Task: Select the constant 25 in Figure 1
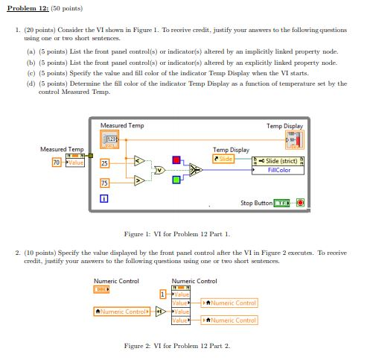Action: click(104, 163)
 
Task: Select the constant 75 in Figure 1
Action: click(104, 183)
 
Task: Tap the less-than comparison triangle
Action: click(138, 160)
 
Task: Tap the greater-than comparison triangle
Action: click(138, 179)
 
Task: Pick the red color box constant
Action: click(176, 160)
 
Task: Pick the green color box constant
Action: click(176, 179)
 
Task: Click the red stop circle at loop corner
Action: click(299, 202)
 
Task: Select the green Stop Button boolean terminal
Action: click(283, 202)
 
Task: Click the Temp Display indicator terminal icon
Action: click(295, 139)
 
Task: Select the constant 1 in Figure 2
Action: click(163, 297)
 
